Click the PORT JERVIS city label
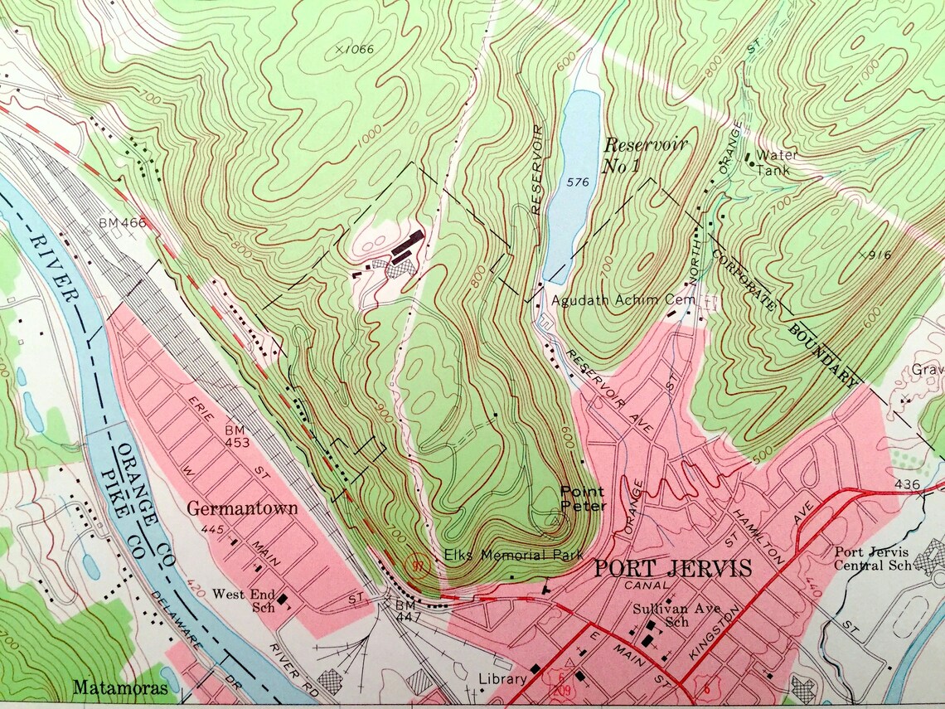673,569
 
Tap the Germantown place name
241,508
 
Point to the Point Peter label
583,498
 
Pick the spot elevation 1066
355,50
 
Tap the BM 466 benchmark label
122,222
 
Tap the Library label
502,678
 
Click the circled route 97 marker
418,566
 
